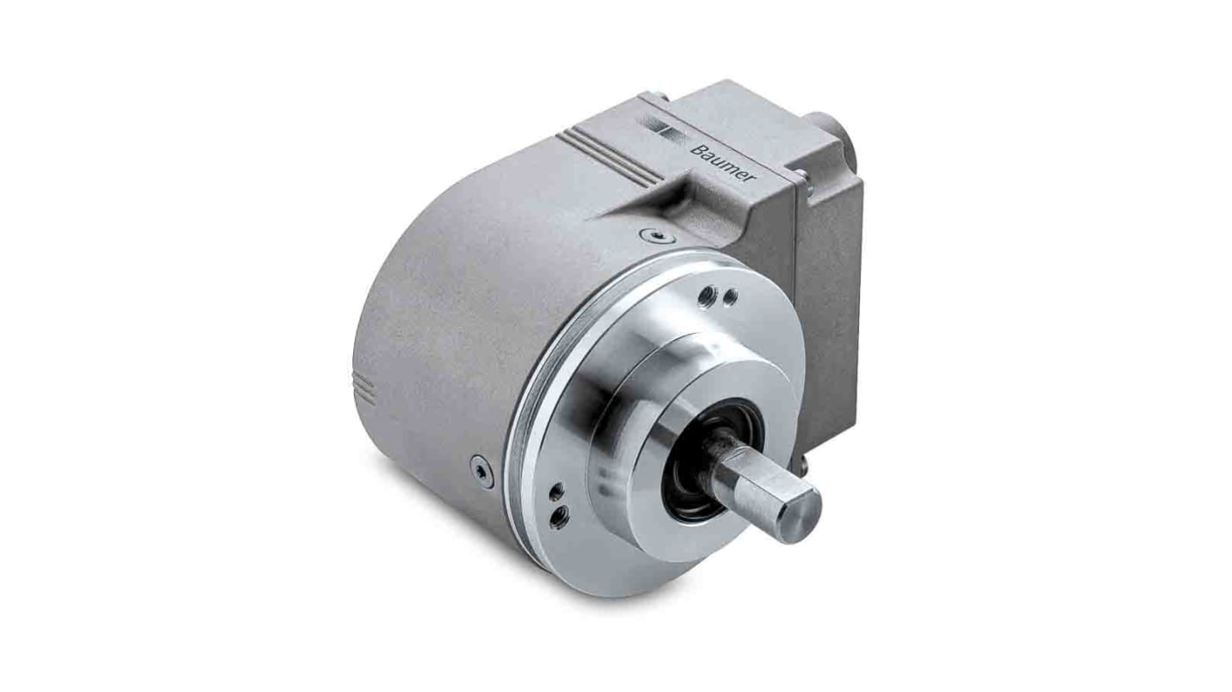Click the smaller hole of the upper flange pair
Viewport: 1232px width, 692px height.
tap(731, 297)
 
